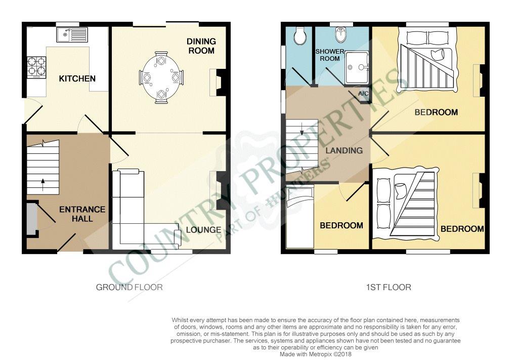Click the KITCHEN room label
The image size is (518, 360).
(x=77, y=78)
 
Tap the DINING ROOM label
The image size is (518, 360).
(x=201, y=46)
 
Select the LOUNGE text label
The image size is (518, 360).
(x=203, y=230)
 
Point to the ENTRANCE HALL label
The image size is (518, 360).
(x=82, y=214)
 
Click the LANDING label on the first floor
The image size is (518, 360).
(x=344, y=151)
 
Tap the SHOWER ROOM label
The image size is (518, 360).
(x=330, y=55)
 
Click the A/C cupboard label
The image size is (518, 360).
(x=363, y=94)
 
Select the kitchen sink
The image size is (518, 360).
(x=72, y=35)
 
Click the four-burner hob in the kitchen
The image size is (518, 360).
(x=36, y=67)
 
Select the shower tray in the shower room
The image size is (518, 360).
(x=357, y=68)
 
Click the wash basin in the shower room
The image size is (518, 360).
(x=340, y=34)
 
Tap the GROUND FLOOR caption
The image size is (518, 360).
(x=129, y=287)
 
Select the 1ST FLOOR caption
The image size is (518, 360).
(x=389, y=287)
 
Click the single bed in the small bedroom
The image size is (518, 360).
(x=300, y=218)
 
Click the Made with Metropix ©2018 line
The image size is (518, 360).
(x=316, y=354)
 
